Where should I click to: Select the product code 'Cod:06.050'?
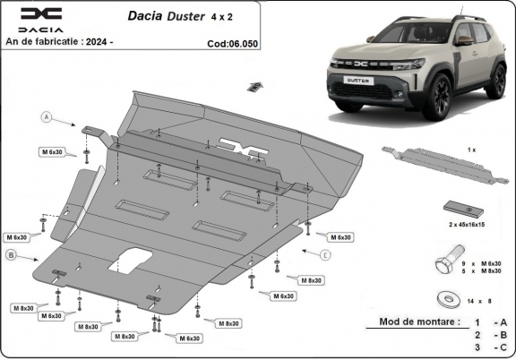(x=236, y=42)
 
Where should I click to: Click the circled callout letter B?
(x=12, y=256)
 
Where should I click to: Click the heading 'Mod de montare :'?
(x=420, y=321)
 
